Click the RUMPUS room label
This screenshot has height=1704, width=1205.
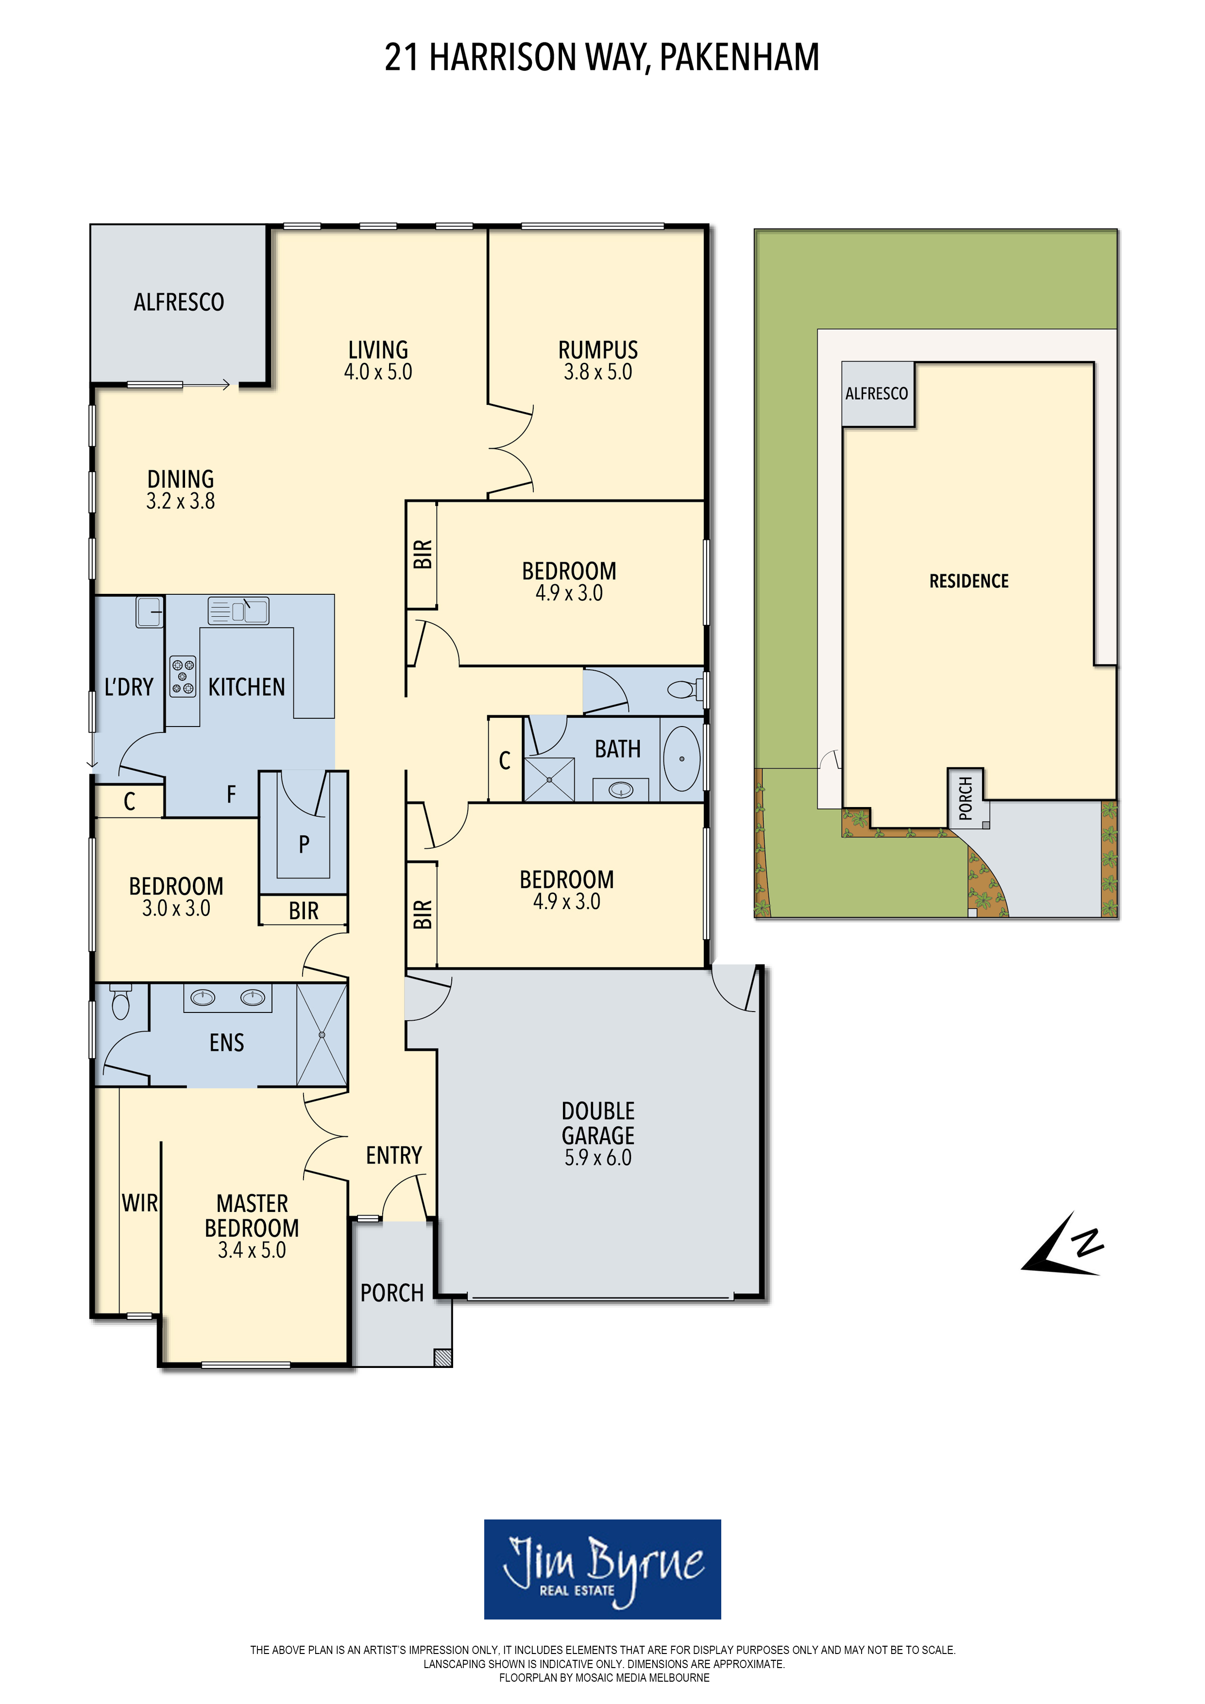point(598,350)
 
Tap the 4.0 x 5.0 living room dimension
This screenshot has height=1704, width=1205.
point(378,372)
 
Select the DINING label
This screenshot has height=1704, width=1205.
point(180,479)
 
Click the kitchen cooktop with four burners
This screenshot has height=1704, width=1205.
point(183,676)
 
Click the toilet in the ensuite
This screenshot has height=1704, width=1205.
point(120,1002)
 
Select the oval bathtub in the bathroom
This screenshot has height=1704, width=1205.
point(681,759)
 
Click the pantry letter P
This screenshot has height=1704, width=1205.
point(304,844)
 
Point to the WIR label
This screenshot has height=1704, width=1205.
point(139,1203)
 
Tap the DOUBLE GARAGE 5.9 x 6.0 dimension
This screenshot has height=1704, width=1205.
point(598,1158)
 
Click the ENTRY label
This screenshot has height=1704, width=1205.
point(393,1156)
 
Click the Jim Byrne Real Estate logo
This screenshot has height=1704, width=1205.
point(602,1569)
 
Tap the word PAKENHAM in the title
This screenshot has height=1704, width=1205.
point(739,57)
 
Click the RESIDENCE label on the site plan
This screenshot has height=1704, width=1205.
point(969,581)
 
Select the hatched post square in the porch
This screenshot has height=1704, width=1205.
point(442,1357)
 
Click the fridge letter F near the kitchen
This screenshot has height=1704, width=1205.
point(231,795)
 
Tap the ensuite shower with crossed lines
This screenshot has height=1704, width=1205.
point(322,1034)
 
